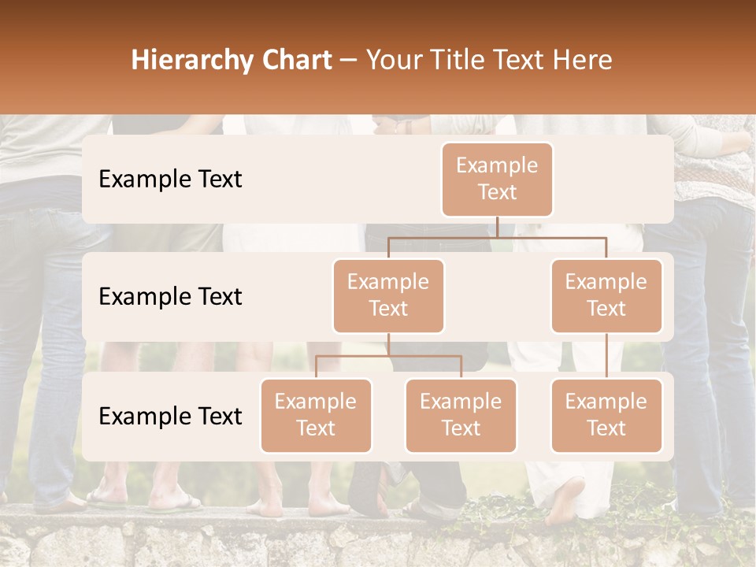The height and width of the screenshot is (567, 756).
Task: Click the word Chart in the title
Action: coord(292,60)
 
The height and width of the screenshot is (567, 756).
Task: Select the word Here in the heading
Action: coord(581,60)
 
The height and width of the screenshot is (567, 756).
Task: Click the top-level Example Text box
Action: coord(497,179)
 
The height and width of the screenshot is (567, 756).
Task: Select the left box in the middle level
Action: coord(388,295)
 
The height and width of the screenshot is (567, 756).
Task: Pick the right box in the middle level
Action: coord(606,295)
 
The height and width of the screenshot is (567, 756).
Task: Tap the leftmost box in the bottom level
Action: coord(316,415)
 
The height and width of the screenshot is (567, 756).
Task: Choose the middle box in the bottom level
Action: coord(461,415)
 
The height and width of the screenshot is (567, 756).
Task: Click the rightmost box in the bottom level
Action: coord(606,415)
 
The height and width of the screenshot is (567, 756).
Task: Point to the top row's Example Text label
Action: coord(170,179)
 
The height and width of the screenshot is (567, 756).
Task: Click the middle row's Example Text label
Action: coord(170,296)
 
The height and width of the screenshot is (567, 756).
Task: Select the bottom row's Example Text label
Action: coord(170,416)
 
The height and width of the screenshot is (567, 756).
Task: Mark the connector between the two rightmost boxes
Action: coord(606,356)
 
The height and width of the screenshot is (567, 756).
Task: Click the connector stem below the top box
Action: coord(497,227)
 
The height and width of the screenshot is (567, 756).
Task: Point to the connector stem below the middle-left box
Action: coord(388,344)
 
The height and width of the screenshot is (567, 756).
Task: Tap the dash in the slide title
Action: coord(349,60)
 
